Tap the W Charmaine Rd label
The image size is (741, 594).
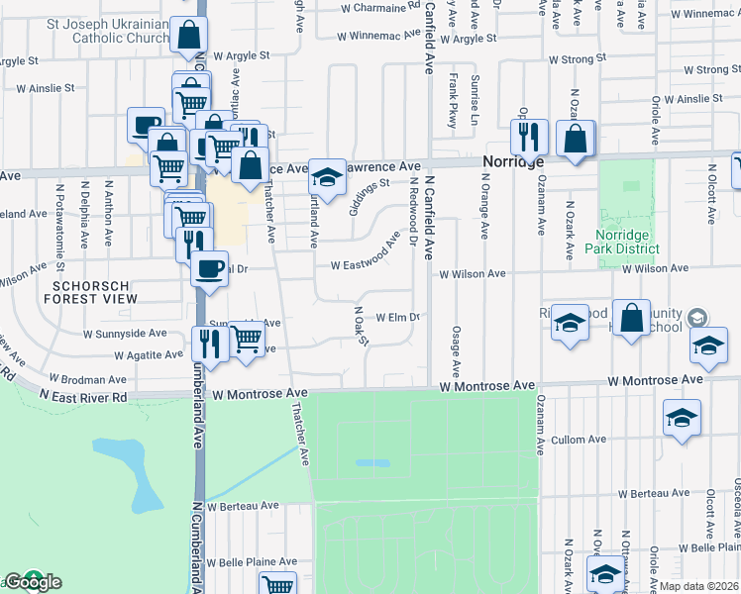click(378, 7)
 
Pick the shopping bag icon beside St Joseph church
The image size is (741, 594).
click(187, 36)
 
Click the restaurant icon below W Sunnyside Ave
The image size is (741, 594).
click(210, 342)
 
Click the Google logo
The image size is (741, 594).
click(33, 582)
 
